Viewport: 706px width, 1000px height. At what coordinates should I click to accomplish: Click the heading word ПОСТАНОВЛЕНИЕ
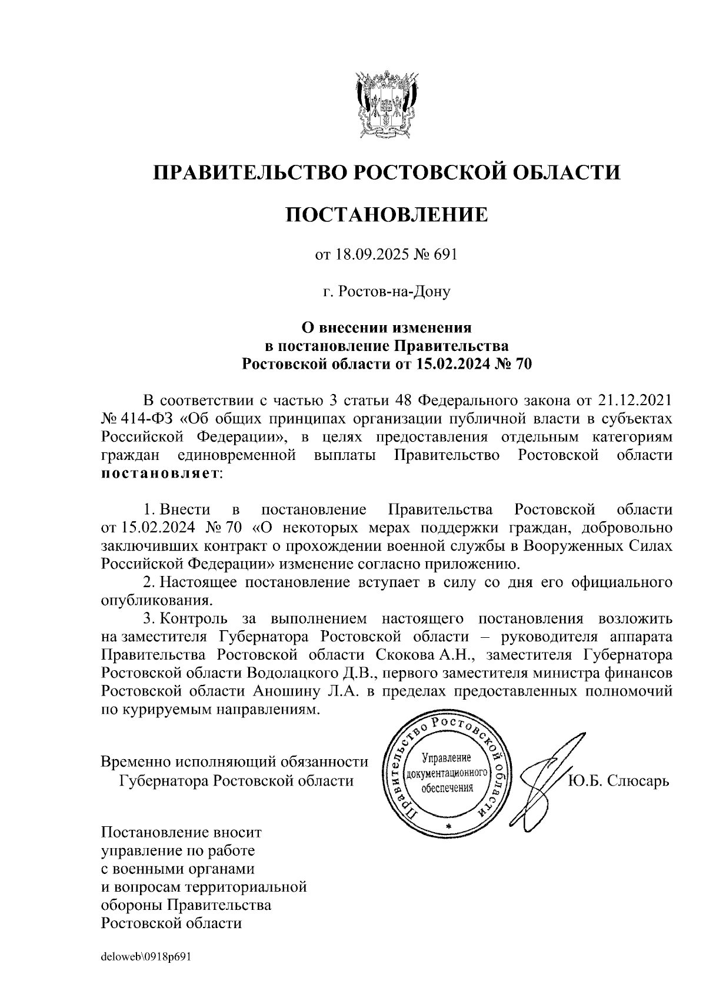[x=387, y=214]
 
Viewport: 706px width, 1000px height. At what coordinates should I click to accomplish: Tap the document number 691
[x=445, y=255]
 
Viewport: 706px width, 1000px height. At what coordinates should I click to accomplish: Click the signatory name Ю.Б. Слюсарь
[x=619, y=781]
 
